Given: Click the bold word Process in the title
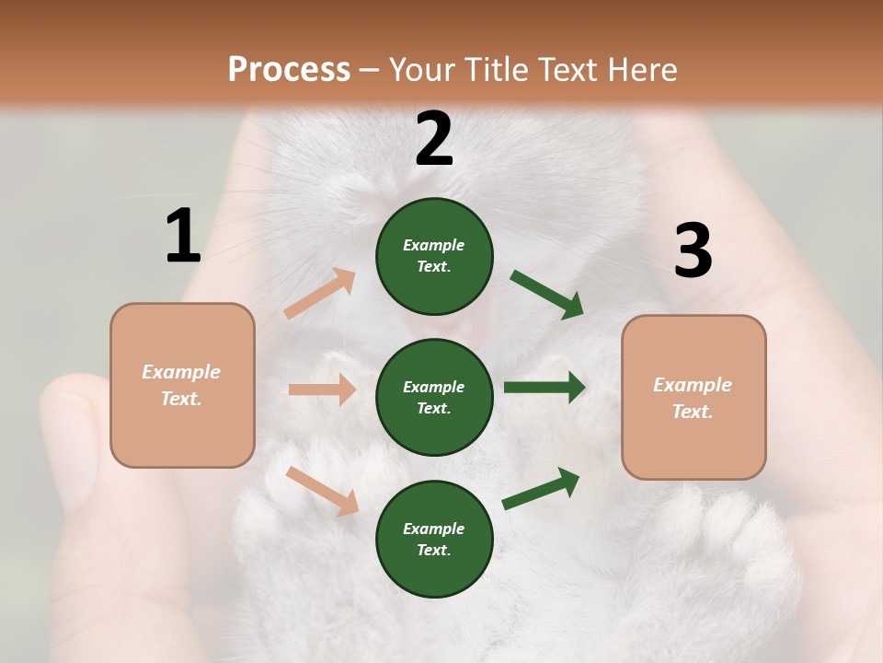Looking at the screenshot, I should click(289, 69).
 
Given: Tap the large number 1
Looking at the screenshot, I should click(183, 236).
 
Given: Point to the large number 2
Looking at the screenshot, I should click(434, 139).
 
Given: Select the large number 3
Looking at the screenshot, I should click(693, 250).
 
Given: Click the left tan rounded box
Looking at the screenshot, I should click(182, 385).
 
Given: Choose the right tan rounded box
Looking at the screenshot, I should click(694, 398).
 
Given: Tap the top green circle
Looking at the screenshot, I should click(434, 255).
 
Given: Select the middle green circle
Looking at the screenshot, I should click(434, 397).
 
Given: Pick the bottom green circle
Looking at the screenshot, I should click(434, 539).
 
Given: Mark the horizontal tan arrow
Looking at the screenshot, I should click(322, 390).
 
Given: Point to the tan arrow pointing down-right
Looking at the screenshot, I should click(322, 491).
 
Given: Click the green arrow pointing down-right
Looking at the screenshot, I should click(547, 295).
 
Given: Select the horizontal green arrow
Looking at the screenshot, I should click(545, 388).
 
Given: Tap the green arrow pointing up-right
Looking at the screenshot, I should click(542, 489).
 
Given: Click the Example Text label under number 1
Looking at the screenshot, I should click(181, 385).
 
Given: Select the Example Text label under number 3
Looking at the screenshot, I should click(693, 398).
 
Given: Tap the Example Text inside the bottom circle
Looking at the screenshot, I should click(434, 539).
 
